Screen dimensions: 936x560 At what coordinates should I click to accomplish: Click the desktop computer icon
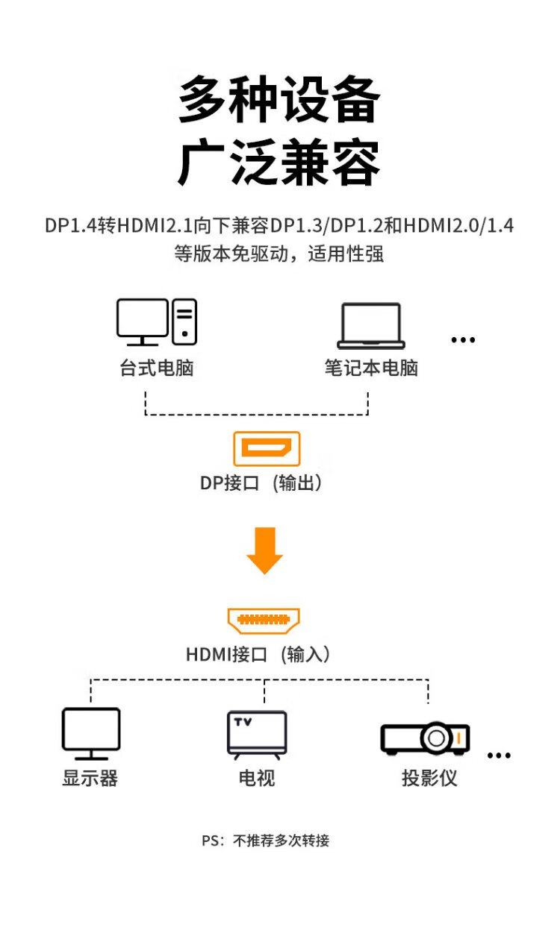(156, 322)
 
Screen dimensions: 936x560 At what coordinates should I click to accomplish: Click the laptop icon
(370, 326)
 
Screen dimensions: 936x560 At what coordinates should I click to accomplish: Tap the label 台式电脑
(157, 368)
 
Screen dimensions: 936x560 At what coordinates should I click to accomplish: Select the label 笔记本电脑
(371, 368)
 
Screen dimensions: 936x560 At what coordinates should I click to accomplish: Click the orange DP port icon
(267, 449)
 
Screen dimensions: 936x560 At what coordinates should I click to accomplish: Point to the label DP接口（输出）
(263, 483)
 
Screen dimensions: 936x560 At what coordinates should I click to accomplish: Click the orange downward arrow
(265, 550)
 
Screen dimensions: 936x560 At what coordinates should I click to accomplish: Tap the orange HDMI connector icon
(264, 620)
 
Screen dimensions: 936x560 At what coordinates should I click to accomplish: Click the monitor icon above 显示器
(90, 733)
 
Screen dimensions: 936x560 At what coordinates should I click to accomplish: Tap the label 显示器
(90, 778)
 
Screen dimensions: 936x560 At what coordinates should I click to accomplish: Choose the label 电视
(257, 778)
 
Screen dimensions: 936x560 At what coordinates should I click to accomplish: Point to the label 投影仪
(429, 778)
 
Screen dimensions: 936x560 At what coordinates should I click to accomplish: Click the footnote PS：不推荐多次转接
(265, 841)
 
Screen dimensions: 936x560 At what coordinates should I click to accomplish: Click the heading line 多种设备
(279, 100)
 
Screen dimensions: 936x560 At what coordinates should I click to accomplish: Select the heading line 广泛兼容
(279, 162)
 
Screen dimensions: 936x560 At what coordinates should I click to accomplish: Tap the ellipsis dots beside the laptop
(463, 340)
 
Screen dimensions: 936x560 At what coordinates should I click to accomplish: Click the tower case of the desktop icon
(184, 321)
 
